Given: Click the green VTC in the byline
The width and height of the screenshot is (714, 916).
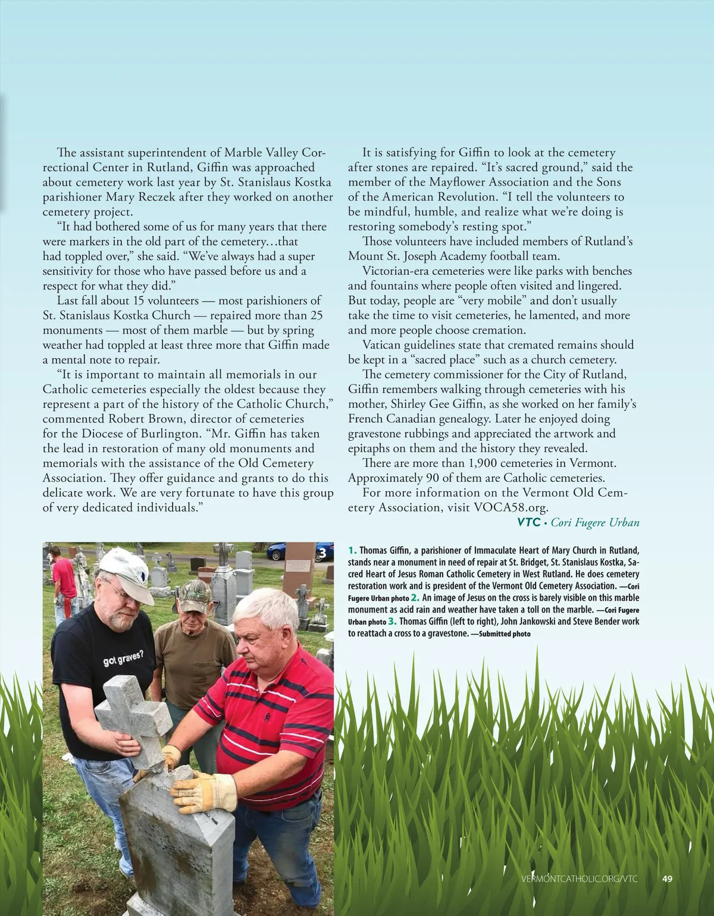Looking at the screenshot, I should pyautogui.click(x=528, y=523).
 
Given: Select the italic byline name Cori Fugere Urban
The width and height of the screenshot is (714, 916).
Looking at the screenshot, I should pyautogui.click(x=595, y=523).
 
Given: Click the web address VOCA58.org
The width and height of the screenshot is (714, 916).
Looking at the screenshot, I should pyautogui.click(x=510, y=507).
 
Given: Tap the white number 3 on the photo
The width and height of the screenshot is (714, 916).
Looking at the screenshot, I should pyautogui.click(x=322, y=554).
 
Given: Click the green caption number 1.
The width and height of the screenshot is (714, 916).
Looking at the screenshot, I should pyautogui.click(x=352, y=551).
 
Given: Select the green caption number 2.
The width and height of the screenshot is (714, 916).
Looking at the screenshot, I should pyautogui.click(x=415, y=598).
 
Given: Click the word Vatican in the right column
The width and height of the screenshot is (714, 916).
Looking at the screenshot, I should pyautogui.click(x=383, y=345).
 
